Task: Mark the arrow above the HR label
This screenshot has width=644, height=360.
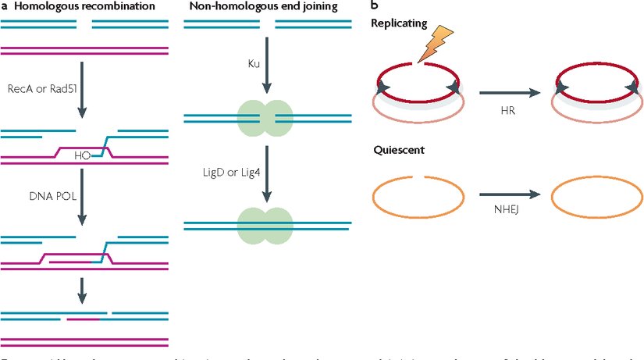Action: (509, 94)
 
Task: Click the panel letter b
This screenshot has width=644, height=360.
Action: (374, 7)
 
